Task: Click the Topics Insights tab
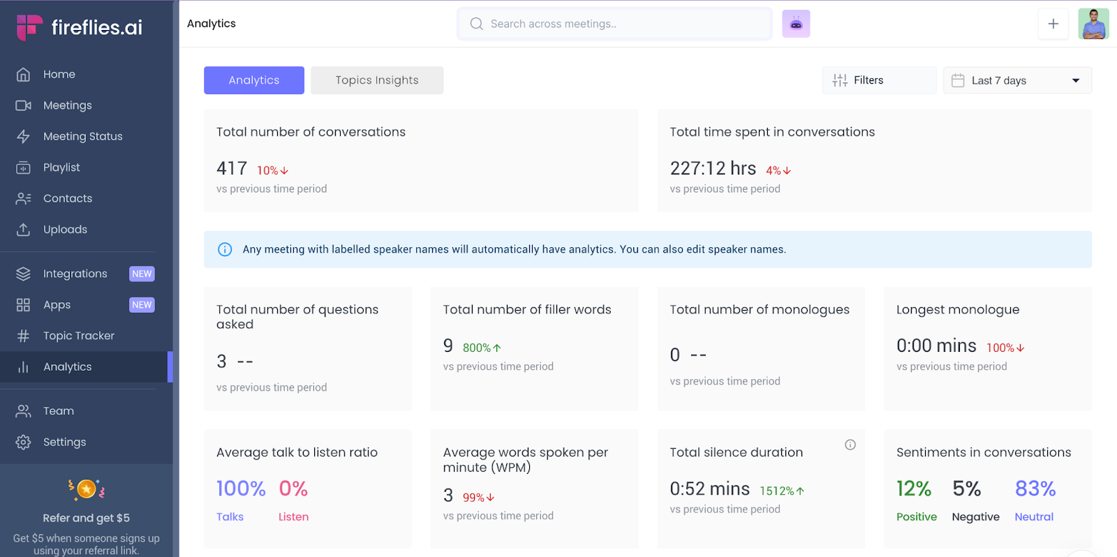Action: (x=376, y=80)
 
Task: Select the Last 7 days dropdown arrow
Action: (x=1076, y=81)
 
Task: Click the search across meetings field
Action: (x=614, y=24)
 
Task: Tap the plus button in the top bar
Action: (x=1053, y=24)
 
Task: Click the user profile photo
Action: (x=1093, y=24)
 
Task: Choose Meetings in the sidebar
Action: (x=67, y=105)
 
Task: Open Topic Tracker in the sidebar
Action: (x=79, y=336)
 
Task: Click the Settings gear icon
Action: (x=23, y=442)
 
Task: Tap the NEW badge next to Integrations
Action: (x=142, y=274)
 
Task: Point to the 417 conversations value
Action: (x=232, y=168)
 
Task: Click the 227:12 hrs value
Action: (x=713, y=168)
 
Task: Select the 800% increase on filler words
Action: (x=482, y=348)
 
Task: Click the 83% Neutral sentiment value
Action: (x=1035, y=489)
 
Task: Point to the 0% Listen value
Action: (x=293, y=489)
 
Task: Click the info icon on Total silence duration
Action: (x=850, y=445)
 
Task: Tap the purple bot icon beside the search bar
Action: (x=796, y=24)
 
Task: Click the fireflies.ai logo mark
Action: (x=29, y=27)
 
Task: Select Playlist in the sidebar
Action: (x=61, y=167)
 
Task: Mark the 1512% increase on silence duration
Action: (x=782, y=491)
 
